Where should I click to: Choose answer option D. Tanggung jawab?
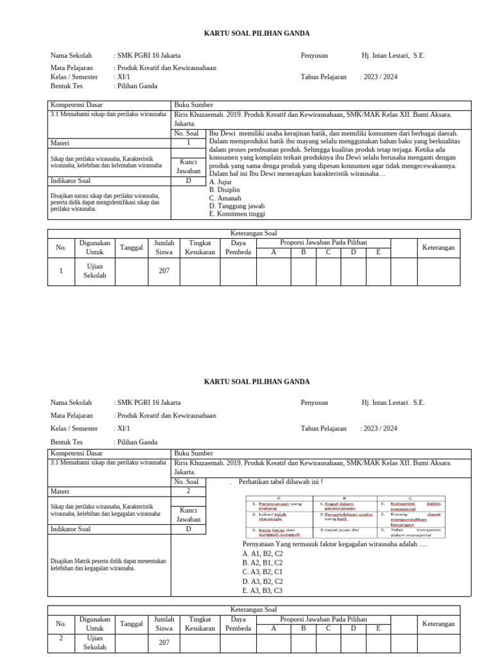236,206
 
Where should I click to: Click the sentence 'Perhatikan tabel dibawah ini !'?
280,482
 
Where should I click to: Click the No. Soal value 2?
189,491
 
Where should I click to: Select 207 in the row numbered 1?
164,271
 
